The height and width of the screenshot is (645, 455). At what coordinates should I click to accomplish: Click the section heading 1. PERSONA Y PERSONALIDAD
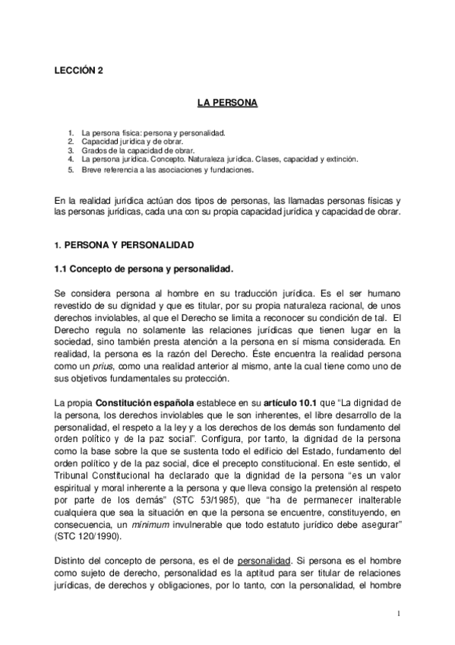(124, 246)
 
